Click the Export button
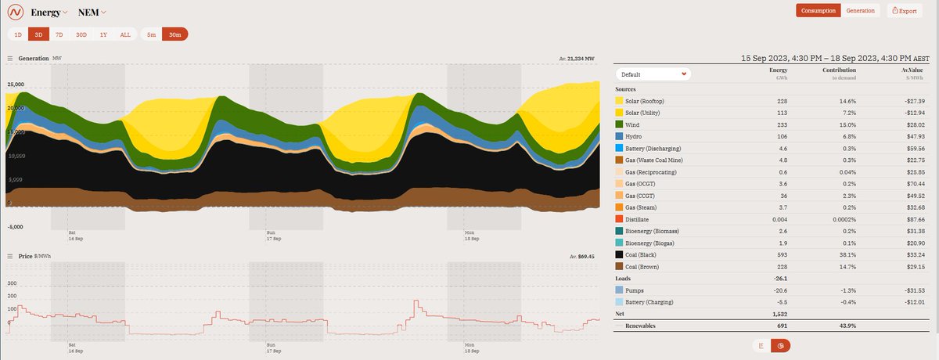click(x=903, y=11)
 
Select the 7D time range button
click(x=59, y=34)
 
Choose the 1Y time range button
click(x=103, y=34)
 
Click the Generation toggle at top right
click(x=860, y=11)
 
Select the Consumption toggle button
click(x=818, y=11)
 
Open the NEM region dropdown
click(x=92, y=12)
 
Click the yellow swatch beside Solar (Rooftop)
click(x=620, y=101)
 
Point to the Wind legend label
click(x=637, y=124)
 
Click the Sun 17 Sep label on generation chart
click(x=272, y=236)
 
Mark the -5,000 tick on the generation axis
click(x=16, y=227)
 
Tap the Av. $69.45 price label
click(x=580, y=256)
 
